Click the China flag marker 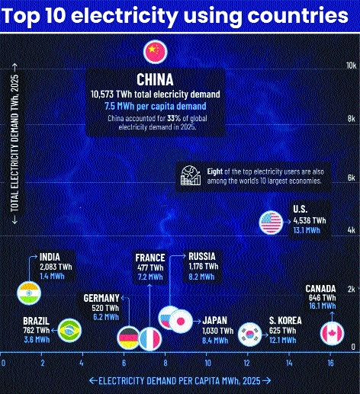pyautogui.click(x=155, y=52)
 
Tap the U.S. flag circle pyautogui.click(x=272, y=223)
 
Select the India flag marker pyautogui.click(x=29, y=293)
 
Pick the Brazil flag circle pyautogui.click(x=69, y=331)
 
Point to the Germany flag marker pyautogui.click(x=129, y=338)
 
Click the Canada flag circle pyautogui.click(x=332, y=333)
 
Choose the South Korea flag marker pyautogui.click(x=250, y=335)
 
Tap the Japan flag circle pyautogui.click(x=181, y=321)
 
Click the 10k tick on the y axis pyautogui.click(x=352, y=66)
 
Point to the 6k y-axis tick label pyautogui.click(x=352, y=178)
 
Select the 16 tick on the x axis pyautogui.click(x=330, y=363)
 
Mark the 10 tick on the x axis pyautogui.click(x=207, y=363)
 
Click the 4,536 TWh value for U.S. pyautogui.click(x=310, y=220)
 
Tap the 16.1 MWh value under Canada pyautogui.click(x=323, y=306)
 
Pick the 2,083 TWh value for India pyautogui.click(x=56, y=267)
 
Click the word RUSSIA pyautogui.click(x=202, y=256)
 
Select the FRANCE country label pyautogui.click(x=150, y=258)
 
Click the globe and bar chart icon pyautogui.click(x=191, y=175)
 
